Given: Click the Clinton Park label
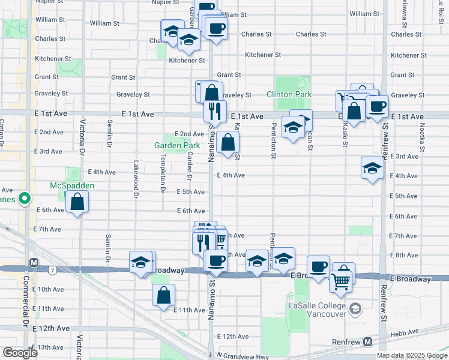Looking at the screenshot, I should pos(289,95).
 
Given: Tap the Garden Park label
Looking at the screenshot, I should pos(177,146).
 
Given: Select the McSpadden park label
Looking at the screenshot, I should pos(71,186).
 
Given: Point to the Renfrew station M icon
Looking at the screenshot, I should pos(367,342).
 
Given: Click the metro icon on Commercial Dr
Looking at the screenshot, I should pos(34,263).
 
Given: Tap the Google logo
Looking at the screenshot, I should pos(20,353).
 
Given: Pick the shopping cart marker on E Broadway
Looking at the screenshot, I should pos(341,281).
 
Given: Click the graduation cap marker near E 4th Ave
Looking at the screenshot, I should pos(372,168).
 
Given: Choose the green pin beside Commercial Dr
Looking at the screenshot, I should pos(25,198).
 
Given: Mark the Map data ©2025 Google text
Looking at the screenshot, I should pos(412,355).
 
